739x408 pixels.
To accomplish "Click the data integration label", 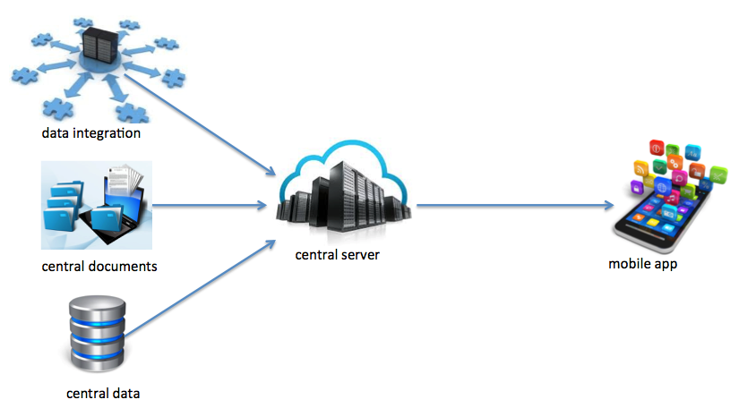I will (91, 134).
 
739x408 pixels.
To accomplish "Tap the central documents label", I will (99, 267).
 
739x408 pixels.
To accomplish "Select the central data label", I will (103, 393).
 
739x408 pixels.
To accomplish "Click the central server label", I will (338, 255).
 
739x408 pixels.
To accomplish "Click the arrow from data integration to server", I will (202, 125).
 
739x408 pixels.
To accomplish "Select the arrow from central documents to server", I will (211, 206).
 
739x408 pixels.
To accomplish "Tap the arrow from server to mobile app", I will (511, 206).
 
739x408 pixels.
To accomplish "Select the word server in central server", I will (360, 255).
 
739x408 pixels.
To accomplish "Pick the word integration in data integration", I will (108, 134).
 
